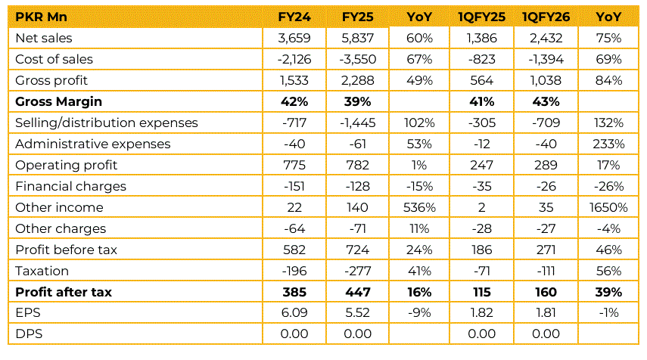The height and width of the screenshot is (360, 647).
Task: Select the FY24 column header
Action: (x=297, y=17)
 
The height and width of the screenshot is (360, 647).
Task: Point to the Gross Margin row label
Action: (x=58, y=101)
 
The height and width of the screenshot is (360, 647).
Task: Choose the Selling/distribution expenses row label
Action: (x=106, y=123)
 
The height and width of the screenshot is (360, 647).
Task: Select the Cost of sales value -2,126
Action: (x=297, y=59)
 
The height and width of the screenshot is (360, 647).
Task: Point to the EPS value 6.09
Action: (x=297, y=313)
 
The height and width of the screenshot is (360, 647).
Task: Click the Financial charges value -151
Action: (x=297, y=186)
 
